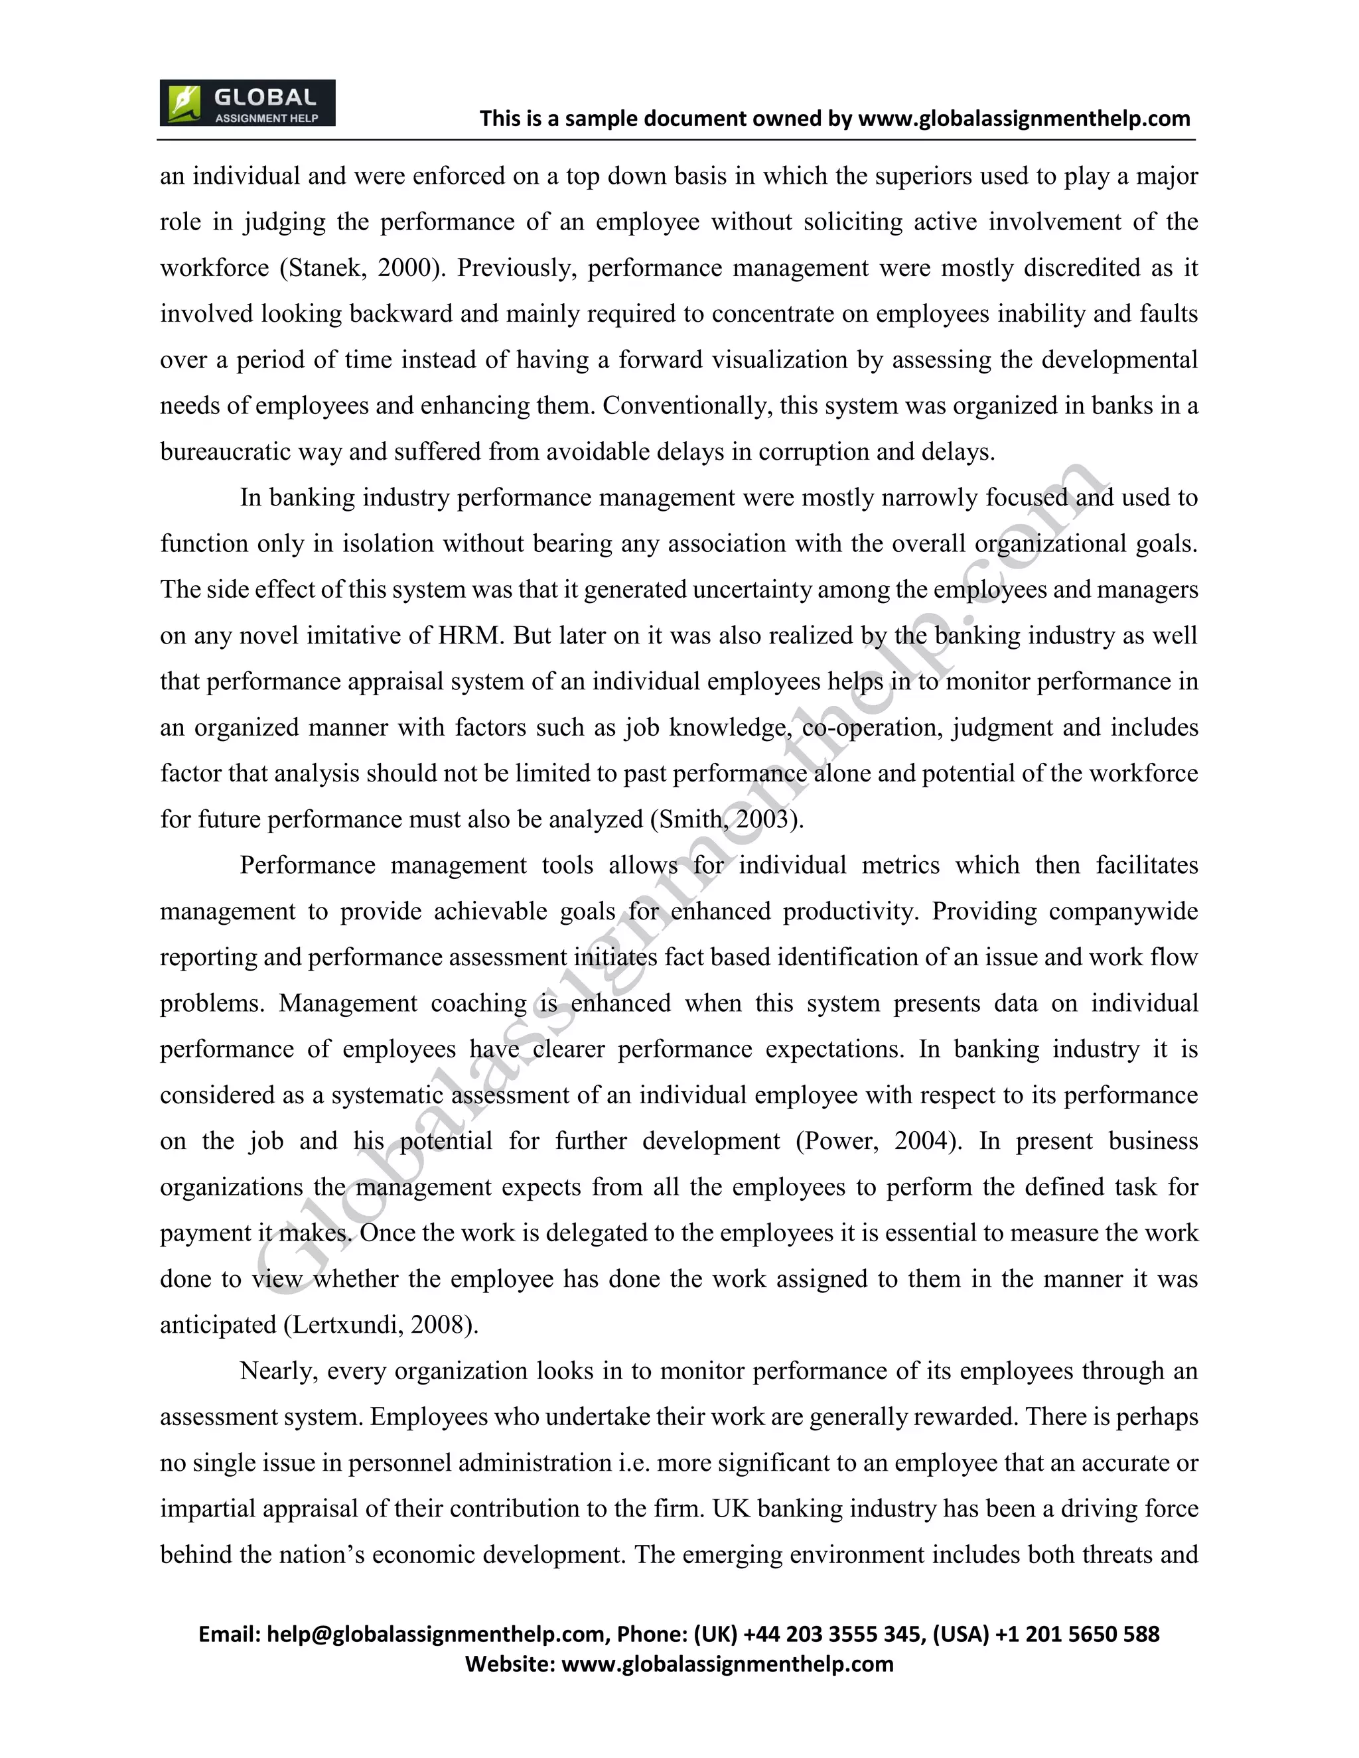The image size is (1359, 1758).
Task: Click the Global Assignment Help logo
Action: [x=247, y=103]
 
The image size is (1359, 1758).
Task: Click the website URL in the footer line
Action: [x=727, y=1664]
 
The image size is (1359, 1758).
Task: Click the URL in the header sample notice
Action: [x=1024, y=119]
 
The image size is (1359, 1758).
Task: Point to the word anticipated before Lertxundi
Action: [x=218, y=1325]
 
